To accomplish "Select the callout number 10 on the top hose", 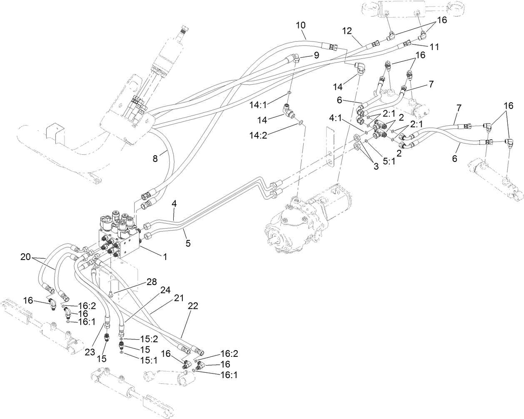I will [301, 25].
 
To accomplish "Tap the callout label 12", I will [347, 30].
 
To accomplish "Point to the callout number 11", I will [434, 47].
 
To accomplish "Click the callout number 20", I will [26, 257].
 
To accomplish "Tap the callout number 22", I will [192, 306].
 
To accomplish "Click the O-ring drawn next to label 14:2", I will [301, 123].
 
